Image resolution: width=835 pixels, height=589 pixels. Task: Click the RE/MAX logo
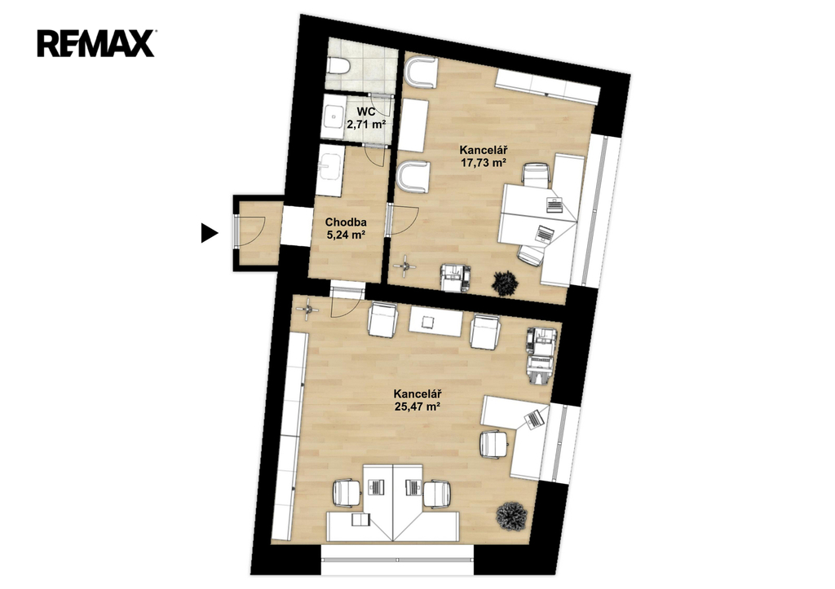tap(96, 44)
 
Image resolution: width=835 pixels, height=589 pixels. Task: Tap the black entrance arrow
tap(210, 233)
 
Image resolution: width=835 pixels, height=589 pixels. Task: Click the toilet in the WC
tap(338, 66)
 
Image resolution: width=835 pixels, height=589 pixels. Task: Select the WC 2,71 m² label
tap(366, 118)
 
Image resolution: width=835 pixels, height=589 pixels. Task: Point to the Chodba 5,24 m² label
tap(346, 228)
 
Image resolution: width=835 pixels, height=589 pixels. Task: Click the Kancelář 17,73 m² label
tap(483, 156)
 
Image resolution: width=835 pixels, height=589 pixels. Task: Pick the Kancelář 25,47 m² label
tap(417, 400)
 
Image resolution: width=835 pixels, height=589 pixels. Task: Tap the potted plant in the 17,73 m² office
tap(505, 283)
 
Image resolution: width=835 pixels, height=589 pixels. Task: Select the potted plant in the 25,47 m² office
tap(512, 516)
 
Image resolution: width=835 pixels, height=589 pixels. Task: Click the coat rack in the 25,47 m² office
tap(308, 309)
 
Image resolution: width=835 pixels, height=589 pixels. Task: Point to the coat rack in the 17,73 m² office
tap(406, 266)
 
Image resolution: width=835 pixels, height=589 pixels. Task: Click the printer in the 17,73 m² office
tap(455, 278)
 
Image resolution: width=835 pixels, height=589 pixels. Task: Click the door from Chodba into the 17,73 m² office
tap(403, 220)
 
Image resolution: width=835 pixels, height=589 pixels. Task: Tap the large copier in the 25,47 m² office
tap(542, 355)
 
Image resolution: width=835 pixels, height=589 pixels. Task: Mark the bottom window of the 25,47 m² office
tap(397, 559)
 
